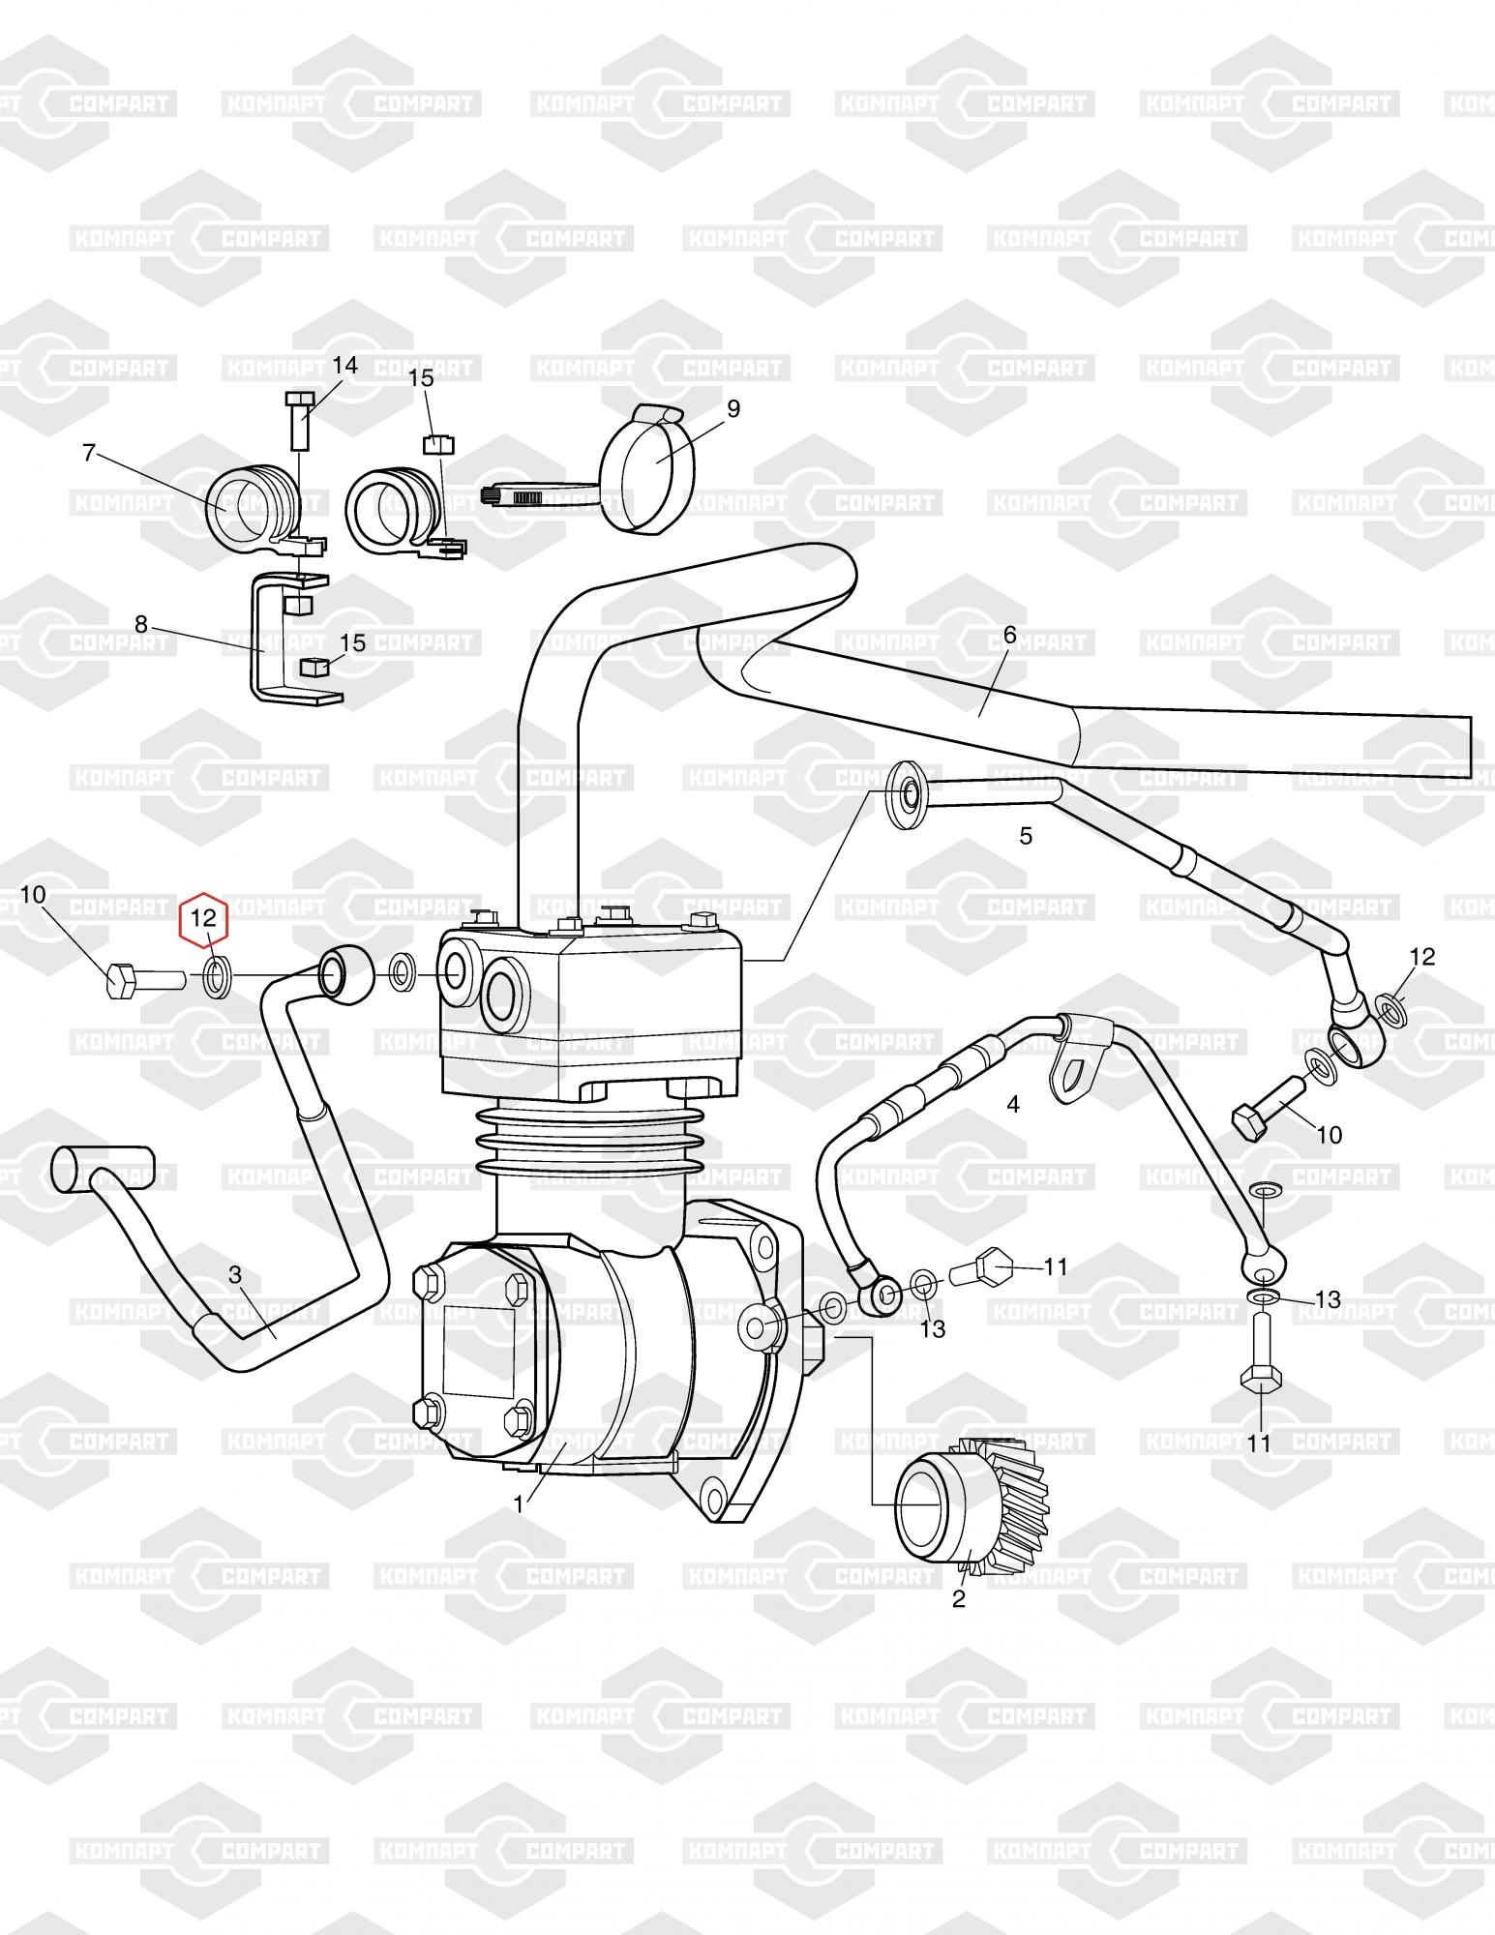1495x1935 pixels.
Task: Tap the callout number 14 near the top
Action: pos(344,365)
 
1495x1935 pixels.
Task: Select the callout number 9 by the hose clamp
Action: pos(733,408)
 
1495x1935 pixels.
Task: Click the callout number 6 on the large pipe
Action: pos(1009,635)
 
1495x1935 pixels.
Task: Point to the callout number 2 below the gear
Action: pos(958,1598)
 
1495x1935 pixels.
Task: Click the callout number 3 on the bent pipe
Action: pos(235,1275)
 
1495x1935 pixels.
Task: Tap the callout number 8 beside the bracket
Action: pos(141,624)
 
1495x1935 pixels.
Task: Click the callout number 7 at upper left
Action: pos(89,452)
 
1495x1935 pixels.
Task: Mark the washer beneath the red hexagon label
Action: pos(215,977)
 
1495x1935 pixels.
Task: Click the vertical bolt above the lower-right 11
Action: pos(1261,1356)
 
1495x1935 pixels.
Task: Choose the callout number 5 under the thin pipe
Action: pos(1026,835)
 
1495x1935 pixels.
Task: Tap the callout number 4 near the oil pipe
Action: pos(1013,1104)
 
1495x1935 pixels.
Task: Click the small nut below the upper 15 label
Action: pos(437,444)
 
